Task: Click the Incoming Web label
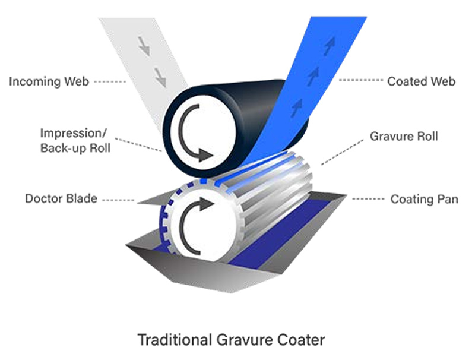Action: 49,81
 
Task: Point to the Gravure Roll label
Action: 404,136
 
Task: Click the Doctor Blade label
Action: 61,198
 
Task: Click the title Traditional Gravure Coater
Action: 232,340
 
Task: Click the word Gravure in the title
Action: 240,340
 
